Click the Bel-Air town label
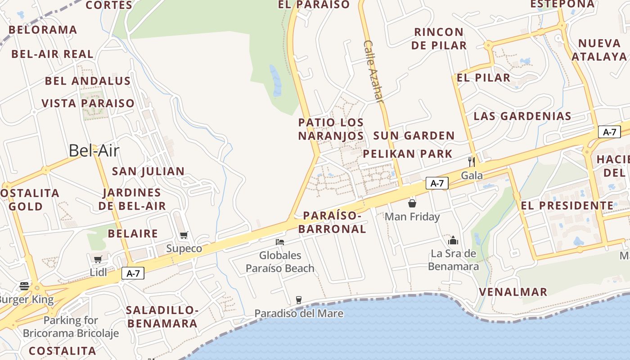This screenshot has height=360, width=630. (x=94, y=151)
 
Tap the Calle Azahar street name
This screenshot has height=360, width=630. (x=373, y=72)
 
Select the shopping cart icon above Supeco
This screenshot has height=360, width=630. (x=184, y=235)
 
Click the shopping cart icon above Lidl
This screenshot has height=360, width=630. (x=98, y=259)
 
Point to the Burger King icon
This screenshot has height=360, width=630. (x=24, y=286)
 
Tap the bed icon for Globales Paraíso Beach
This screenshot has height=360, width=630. (x=280, y=242)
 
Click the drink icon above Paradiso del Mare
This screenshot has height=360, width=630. (x=298, y=300)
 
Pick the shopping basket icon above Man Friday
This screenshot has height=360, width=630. (x=412, y=203)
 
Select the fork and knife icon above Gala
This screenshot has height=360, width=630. (x=472, y=162)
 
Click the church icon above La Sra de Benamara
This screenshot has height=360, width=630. (x=453, y=240)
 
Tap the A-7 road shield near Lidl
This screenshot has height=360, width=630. (x=133, y=273)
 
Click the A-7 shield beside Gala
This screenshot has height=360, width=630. (x=437, y=183)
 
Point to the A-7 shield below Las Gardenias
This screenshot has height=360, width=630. (x=609, y=132)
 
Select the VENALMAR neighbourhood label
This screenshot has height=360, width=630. (x=513, y=292)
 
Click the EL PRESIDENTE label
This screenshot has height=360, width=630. (x=567, y=206)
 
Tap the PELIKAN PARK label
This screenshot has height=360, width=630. (x=408, y=154)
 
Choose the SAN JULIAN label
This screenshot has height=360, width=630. (x=148, y=171)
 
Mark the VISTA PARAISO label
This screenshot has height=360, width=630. (x=88, y=103)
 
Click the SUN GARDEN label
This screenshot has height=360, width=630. (x=414, y=135)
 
